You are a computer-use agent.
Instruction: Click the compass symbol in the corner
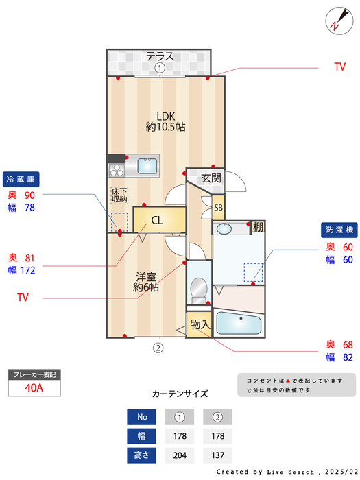coord(336,19)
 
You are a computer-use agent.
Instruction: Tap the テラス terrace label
coord(159,56)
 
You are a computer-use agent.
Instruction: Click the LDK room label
coord(166,121)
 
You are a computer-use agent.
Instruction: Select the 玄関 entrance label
coord(211,178)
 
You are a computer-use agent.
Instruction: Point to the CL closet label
coord(156,221)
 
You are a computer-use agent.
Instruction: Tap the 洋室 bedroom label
coord(147,282)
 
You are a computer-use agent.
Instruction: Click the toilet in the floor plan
coord(199,287)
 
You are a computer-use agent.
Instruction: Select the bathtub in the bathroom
coord(239,323)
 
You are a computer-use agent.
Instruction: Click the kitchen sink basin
coord(147,166)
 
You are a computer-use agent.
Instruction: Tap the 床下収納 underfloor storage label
coord(119,195)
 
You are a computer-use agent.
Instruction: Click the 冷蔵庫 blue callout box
coord(21,179)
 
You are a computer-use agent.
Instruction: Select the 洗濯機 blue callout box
coord(339,230)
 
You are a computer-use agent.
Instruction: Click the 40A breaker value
coord(34,388)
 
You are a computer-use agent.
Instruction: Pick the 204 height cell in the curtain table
coord(180,455)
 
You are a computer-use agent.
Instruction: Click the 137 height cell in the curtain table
coord(218,455)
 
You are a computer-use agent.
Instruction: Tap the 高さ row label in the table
coord(142,455)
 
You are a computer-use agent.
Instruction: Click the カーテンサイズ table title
coord(180,394)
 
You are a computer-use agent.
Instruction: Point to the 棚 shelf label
coord(257,227)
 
